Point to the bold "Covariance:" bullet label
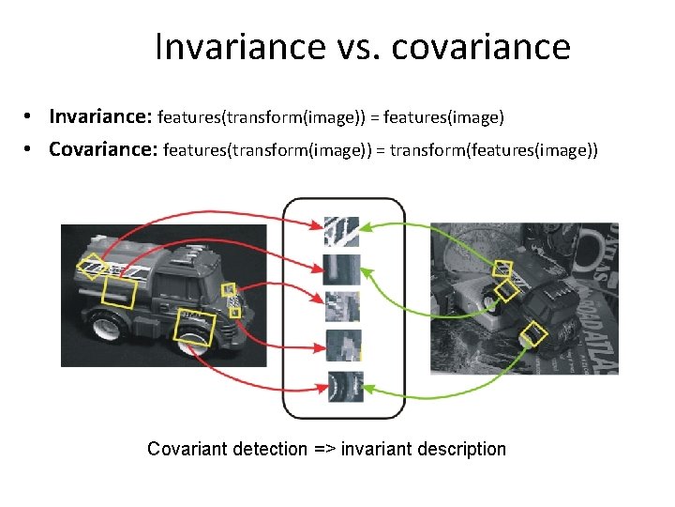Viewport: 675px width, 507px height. (x=103, y=149)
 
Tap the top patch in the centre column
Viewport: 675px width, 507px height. (x=341, y=231)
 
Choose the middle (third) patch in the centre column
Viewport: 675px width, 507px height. (x=341, y=307)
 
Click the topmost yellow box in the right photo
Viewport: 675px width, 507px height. (x=502, y=268)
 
